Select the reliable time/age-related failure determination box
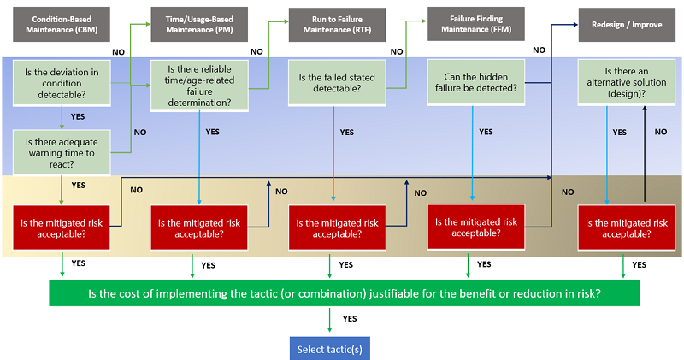(x=198, y=85)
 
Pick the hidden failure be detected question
(x=473, y=83)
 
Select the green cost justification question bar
(x=343, y=293)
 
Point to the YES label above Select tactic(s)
(x=351, y=318)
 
